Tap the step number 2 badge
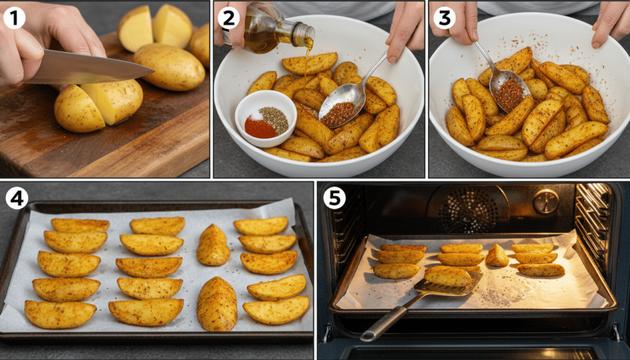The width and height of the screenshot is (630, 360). point(228,18)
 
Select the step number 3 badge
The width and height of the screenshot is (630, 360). point(443,18)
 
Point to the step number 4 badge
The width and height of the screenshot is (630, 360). point(17,198)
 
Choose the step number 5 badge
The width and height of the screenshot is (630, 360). point(335,198)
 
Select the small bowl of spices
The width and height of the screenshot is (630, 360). point(266,118)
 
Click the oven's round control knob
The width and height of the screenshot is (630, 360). point(546,201)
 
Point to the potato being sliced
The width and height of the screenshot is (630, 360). point(98,105)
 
